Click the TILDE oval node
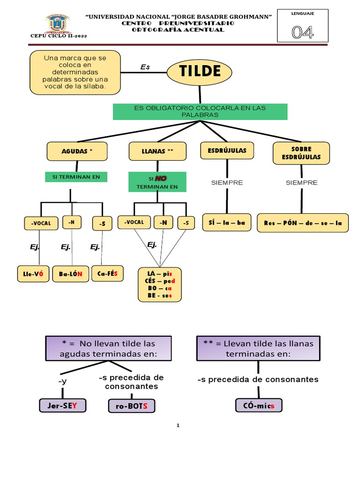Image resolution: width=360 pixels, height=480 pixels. (x=200, y=71)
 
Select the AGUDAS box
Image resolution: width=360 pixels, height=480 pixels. (x=77, y=151)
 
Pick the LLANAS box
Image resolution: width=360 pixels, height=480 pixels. (x=157, y=151)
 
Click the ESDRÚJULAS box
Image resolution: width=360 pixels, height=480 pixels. (x=227, y=150)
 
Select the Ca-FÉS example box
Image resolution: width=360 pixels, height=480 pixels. (x=108, y=273)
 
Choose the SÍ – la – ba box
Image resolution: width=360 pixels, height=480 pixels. (x=227, y=223)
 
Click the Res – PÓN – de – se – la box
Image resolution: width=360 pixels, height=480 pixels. (x=303, y=223)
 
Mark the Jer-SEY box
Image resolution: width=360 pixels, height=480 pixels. (x=62, y=405)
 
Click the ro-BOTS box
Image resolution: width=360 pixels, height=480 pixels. (x=132, y=406)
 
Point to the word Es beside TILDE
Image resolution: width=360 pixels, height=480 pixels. (x=145, y=67)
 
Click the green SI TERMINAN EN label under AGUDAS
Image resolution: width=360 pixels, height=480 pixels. (x=76, y=177)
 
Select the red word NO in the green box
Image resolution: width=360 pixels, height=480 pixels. (x=161, y=178)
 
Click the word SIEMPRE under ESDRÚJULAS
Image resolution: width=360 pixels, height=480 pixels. (x=227, y=183)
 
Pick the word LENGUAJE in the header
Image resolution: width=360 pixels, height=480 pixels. (x=302, y=14)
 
